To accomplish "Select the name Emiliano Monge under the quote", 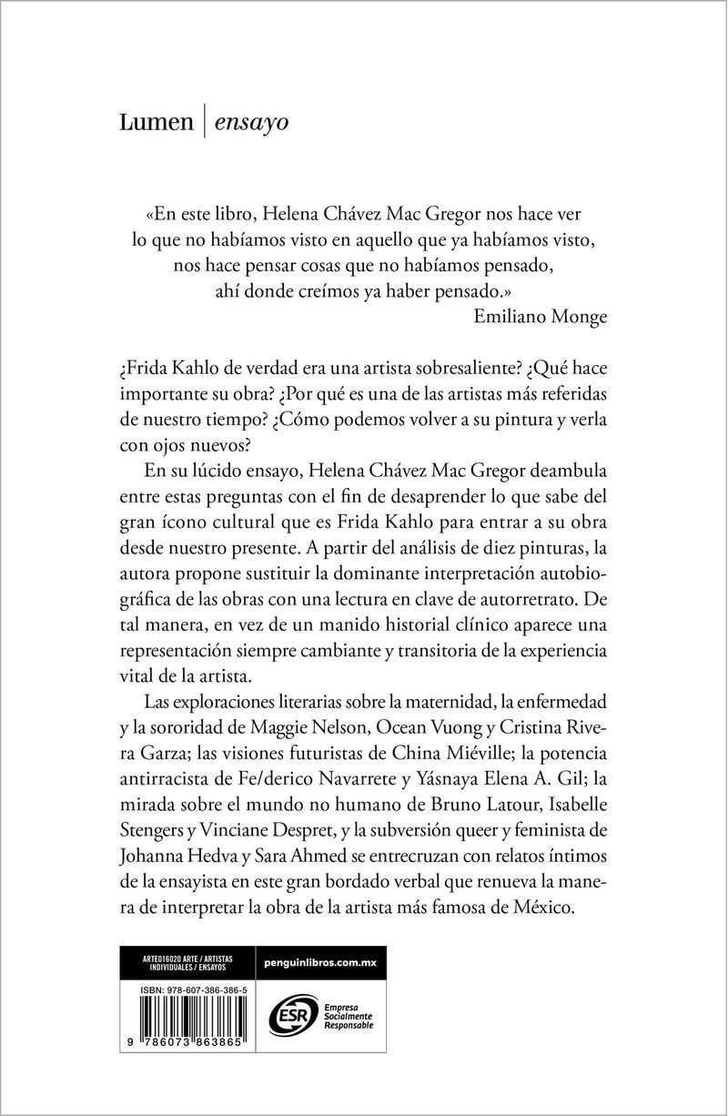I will (x=541, y=316).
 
